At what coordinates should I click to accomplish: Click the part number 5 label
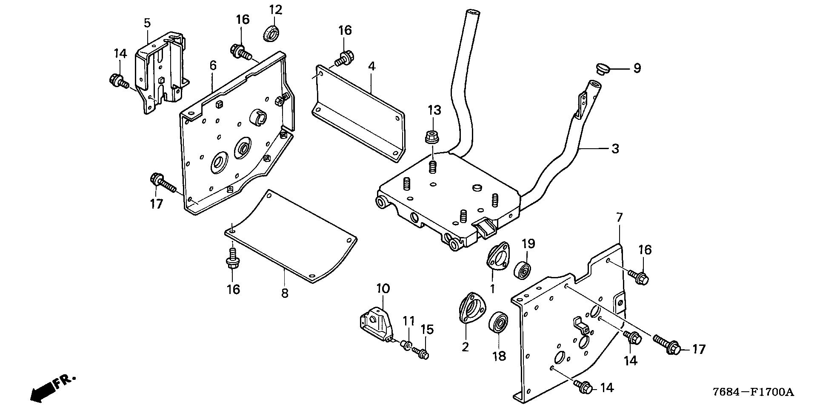click(147, 23)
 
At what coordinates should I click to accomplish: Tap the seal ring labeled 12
click(271, 34)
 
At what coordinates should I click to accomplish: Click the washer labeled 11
click(407, 346)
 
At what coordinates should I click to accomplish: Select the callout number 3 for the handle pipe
click(615, 149)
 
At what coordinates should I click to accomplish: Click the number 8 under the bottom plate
click(284, 293)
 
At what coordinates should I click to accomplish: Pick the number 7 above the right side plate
click(619, 218)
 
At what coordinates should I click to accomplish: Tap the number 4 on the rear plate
click(371, 66)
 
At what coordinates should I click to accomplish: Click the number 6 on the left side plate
click(213, 65)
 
